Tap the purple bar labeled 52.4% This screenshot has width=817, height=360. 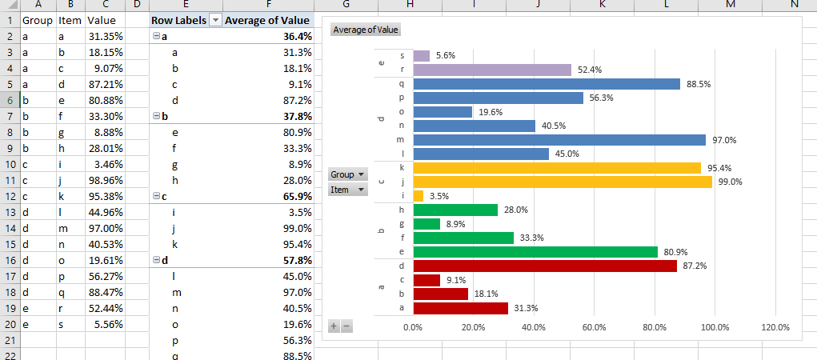coord(491,70)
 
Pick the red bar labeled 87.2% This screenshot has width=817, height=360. coord(544,266)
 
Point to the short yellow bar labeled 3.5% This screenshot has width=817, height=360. coord(418,195)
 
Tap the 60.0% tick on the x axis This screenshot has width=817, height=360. coord(594,327)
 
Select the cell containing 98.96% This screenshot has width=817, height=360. coord(105,181)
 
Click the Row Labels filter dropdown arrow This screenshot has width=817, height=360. coord(214,20)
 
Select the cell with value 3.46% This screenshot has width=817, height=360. coord(105,165)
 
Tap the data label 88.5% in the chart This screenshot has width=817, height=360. coord(699,84)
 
